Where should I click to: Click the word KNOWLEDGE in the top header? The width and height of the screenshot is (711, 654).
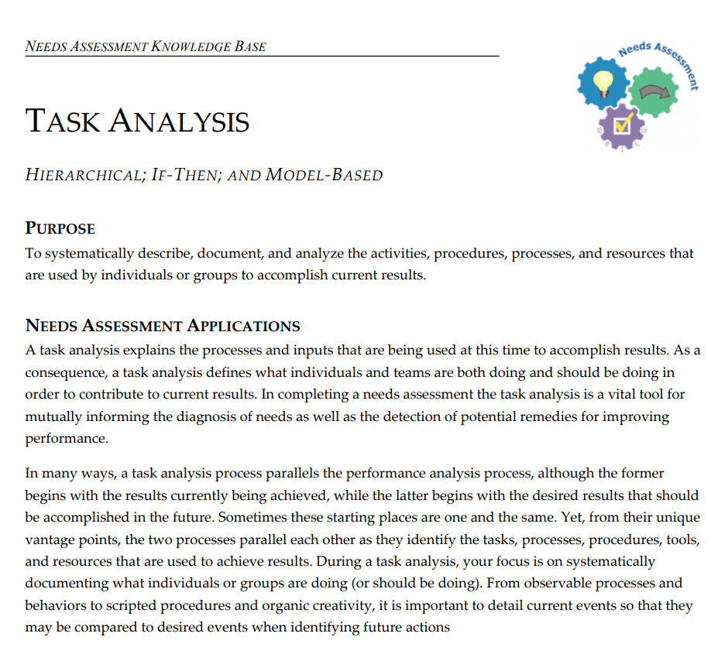click(x=190, y=46)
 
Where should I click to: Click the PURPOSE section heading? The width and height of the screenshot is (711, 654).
click(x=60, y=229)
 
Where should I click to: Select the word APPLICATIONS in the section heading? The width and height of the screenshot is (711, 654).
click(x=244, y=326)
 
